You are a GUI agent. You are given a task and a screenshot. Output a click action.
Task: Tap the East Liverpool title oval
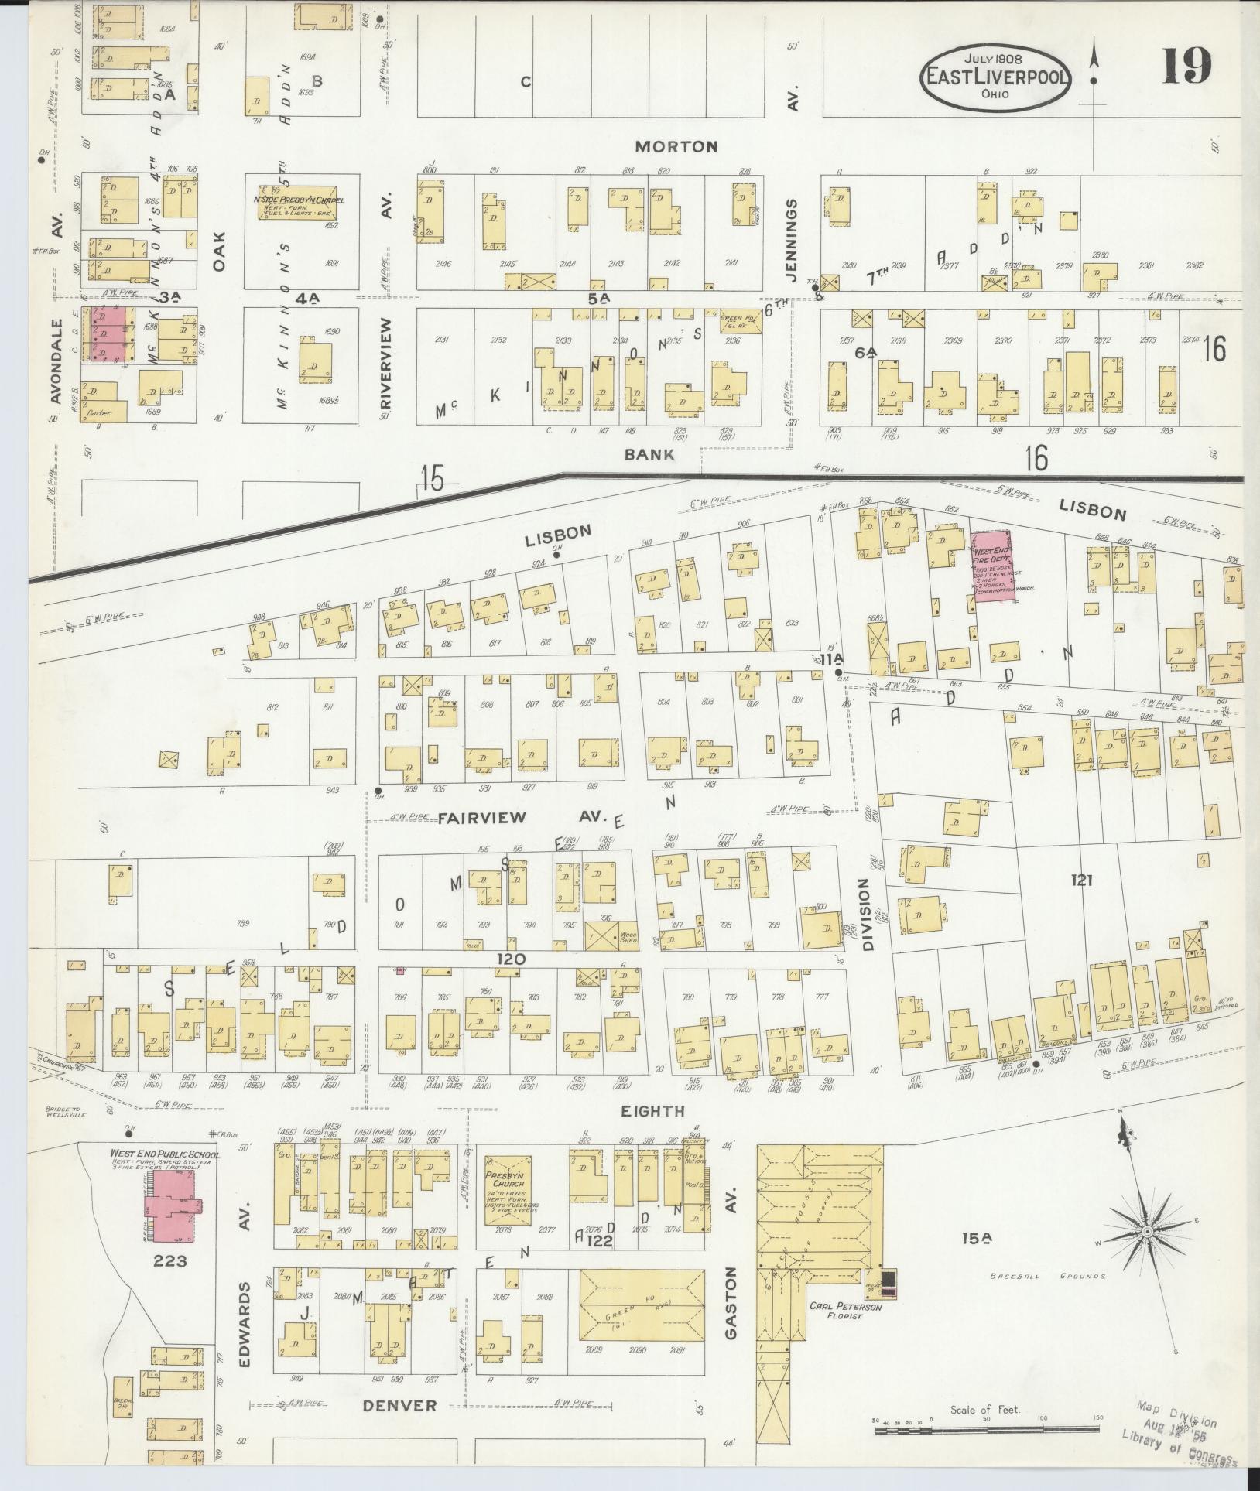click(x=995, y=77)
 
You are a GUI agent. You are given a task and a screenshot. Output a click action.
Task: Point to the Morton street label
click(x=676, y=146)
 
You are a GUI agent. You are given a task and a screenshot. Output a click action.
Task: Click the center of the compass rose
click(x=1146, y=1231)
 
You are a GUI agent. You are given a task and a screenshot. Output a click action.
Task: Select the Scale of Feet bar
click(x=986, y=1431)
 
